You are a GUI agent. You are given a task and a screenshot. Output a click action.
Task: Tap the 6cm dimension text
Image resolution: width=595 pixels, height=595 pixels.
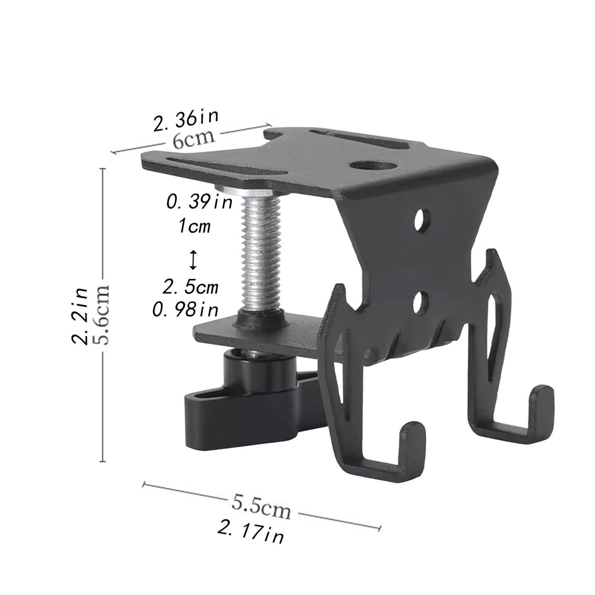[x=193, y=139]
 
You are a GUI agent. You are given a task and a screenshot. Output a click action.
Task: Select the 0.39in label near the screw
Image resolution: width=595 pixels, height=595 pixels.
[x=200, y=202]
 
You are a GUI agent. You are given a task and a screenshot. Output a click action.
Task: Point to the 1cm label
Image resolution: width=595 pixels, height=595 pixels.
[x=194, y=226]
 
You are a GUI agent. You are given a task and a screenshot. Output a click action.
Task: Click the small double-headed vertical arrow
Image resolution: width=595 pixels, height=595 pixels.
[x=193, y=260]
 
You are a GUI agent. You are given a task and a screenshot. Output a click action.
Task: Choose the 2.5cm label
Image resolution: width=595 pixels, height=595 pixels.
[x=191, y=287]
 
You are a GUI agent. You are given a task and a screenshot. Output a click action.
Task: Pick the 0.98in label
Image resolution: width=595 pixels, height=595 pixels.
[x=185, y=310]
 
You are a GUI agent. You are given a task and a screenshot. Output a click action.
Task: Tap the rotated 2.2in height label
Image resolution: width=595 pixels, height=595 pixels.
[x=80, y=316]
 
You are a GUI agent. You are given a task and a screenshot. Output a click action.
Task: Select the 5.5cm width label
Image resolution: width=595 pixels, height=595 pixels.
[x=261, y=507]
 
